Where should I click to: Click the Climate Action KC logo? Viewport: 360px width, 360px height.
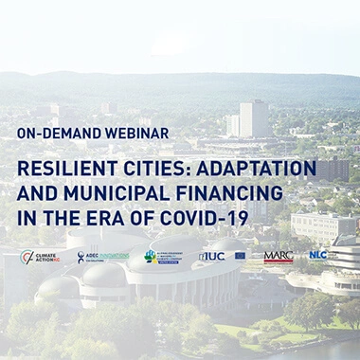tap(40, 257)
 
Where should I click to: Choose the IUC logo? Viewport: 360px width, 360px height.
tap(211, 256)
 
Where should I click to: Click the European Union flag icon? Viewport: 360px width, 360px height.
tap(240, 256)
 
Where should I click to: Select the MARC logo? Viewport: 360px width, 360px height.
tap(278, 256)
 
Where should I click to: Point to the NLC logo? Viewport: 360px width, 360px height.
tap(317, 255)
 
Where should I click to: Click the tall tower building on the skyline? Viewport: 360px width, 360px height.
tap(252, 117)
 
